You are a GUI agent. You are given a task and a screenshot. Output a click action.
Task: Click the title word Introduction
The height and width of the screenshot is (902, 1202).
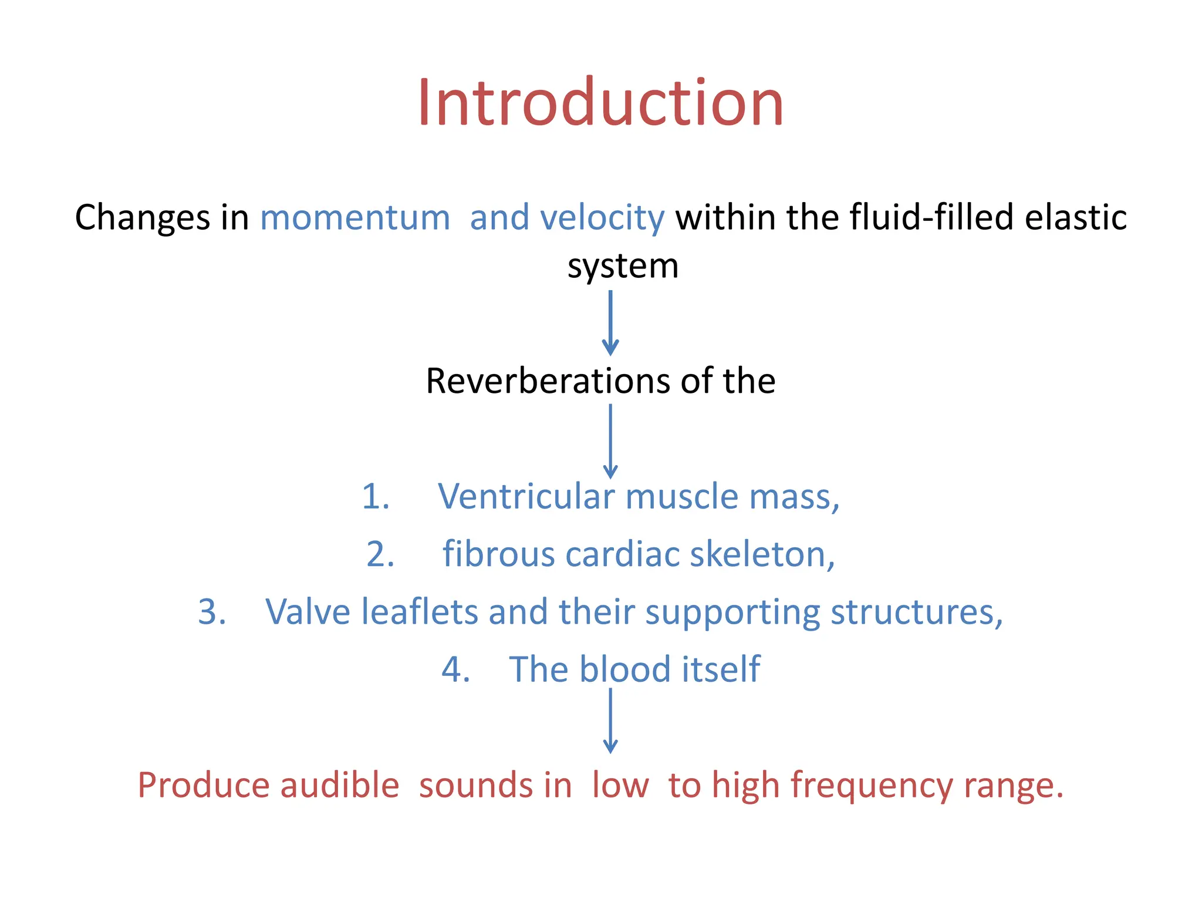pos(600,103)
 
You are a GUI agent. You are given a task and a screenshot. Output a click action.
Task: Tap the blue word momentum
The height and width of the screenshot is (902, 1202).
pos(355,217)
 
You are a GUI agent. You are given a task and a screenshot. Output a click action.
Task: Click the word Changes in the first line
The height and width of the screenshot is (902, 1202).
pos(143,218)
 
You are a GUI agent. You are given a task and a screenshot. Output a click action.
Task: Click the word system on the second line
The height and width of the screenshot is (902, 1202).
pos(623,267)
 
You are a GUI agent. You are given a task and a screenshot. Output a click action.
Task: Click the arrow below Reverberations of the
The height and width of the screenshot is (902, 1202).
pos(610,440)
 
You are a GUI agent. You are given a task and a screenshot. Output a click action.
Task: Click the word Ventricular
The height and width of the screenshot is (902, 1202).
pos(526,496)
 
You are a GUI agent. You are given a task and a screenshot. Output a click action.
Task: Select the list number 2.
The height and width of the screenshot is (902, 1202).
pos(380,554)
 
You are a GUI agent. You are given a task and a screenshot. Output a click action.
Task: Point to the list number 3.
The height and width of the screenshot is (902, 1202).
pos(212,612)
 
